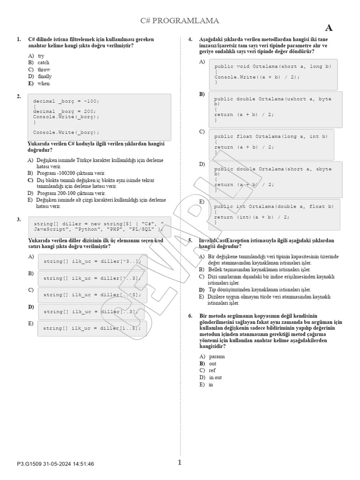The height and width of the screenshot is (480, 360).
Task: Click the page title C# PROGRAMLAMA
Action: (x=180, y=21)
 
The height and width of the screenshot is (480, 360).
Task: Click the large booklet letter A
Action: (x=329, y=28)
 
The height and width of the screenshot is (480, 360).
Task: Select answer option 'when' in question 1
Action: (x=44, y=83)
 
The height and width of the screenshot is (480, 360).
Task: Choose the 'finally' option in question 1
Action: (x=45, y=76)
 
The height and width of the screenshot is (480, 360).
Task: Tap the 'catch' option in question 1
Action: (x=44, y=62)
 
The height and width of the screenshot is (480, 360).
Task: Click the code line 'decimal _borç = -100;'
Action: (x=66, y=101)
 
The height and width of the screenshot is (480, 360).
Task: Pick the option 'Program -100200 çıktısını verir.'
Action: (x=71, y=173)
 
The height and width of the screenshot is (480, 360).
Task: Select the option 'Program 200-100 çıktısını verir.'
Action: (x=71, y=193)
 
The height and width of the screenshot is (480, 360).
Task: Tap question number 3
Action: (x=19, y=219)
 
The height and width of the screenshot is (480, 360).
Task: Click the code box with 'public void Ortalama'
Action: (x=273, y=74)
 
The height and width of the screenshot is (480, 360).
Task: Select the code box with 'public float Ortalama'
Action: (x=271, y=144)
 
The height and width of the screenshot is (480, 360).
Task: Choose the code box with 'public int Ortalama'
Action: (x=274, y=214)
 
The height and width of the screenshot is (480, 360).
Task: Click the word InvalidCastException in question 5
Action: (x=225, y=240)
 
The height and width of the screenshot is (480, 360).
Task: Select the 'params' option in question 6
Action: (x=217, y=356)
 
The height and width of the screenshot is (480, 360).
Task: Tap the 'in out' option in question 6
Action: (x=216, y=377)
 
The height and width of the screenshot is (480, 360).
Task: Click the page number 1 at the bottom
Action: (x=180, y=463)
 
